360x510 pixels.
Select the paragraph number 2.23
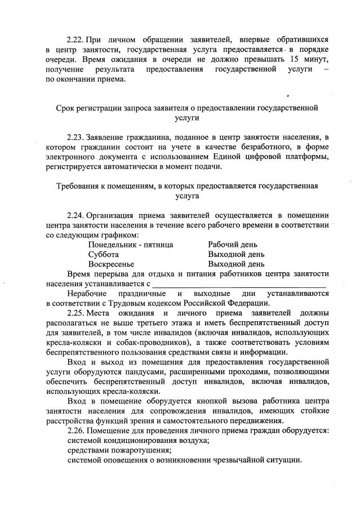tap(75, 137)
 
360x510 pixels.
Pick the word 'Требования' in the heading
tap(79, 185)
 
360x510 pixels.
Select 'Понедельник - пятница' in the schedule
tap(131, 245)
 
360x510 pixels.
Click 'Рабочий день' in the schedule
tap(233, 245)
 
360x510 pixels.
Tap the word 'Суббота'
tap(104, 254)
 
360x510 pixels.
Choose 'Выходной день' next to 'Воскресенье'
tap(236, 264)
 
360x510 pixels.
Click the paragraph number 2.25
tap(75, 313)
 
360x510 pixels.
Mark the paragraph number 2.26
tap(75, 431)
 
